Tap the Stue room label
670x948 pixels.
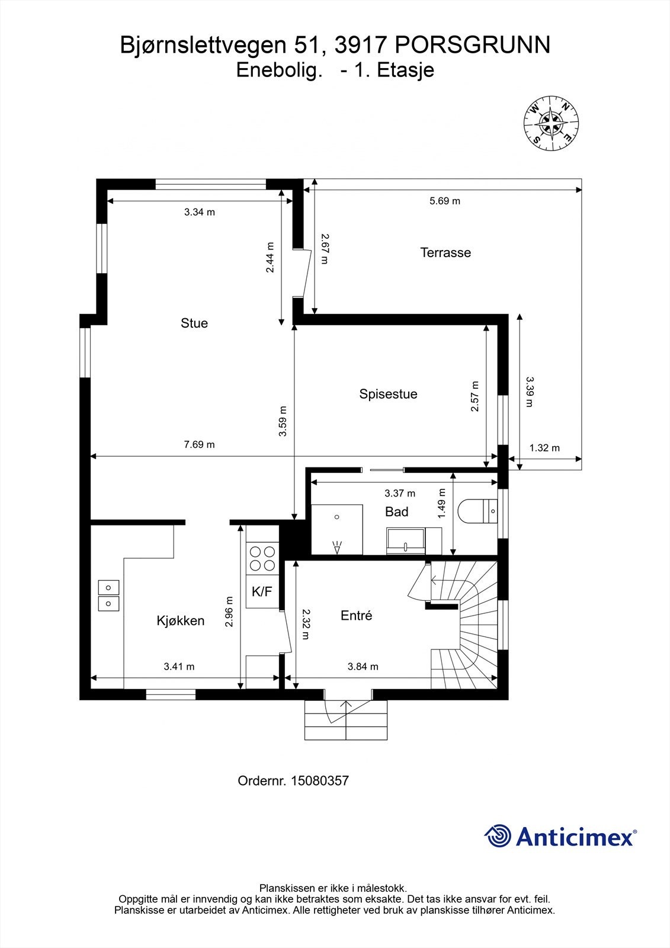(x=194, y=323)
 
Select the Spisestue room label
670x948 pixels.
(x=388, y=394)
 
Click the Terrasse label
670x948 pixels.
(x=445, y=252)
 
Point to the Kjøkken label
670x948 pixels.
(x=181, y=620)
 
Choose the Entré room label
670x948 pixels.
(x=356, y=616)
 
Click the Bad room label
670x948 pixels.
(x=396, y=511)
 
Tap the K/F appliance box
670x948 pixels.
(x=262, y=591)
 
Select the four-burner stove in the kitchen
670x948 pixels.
(x=262, y=558)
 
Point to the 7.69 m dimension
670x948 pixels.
(x=199, y=444)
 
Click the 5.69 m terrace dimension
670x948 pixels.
(x=444, y=201)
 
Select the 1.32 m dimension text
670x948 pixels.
(x=544, y=448)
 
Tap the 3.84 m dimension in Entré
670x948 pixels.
(x=363, y=667)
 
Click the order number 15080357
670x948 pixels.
(x=319, y=781)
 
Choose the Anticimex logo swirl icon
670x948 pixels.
(x=498, y=836)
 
